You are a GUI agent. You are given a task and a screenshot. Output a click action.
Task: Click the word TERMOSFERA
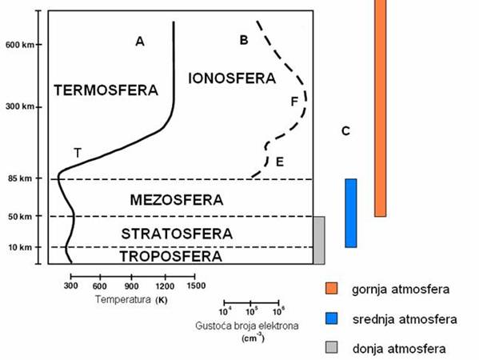point(106,90)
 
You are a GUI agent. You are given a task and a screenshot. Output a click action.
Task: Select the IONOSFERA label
point(231,78)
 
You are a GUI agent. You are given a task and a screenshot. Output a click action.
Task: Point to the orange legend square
point(332,288)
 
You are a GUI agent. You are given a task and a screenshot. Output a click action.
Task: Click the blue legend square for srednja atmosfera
point(332,319)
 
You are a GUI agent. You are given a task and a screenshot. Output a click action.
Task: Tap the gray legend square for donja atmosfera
point(332,349)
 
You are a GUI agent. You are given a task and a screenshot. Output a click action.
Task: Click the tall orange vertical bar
point(380,108)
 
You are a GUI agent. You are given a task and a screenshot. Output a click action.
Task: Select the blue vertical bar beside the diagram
point(350,213)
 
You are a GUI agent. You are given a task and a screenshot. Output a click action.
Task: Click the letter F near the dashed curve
point(294,102)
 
